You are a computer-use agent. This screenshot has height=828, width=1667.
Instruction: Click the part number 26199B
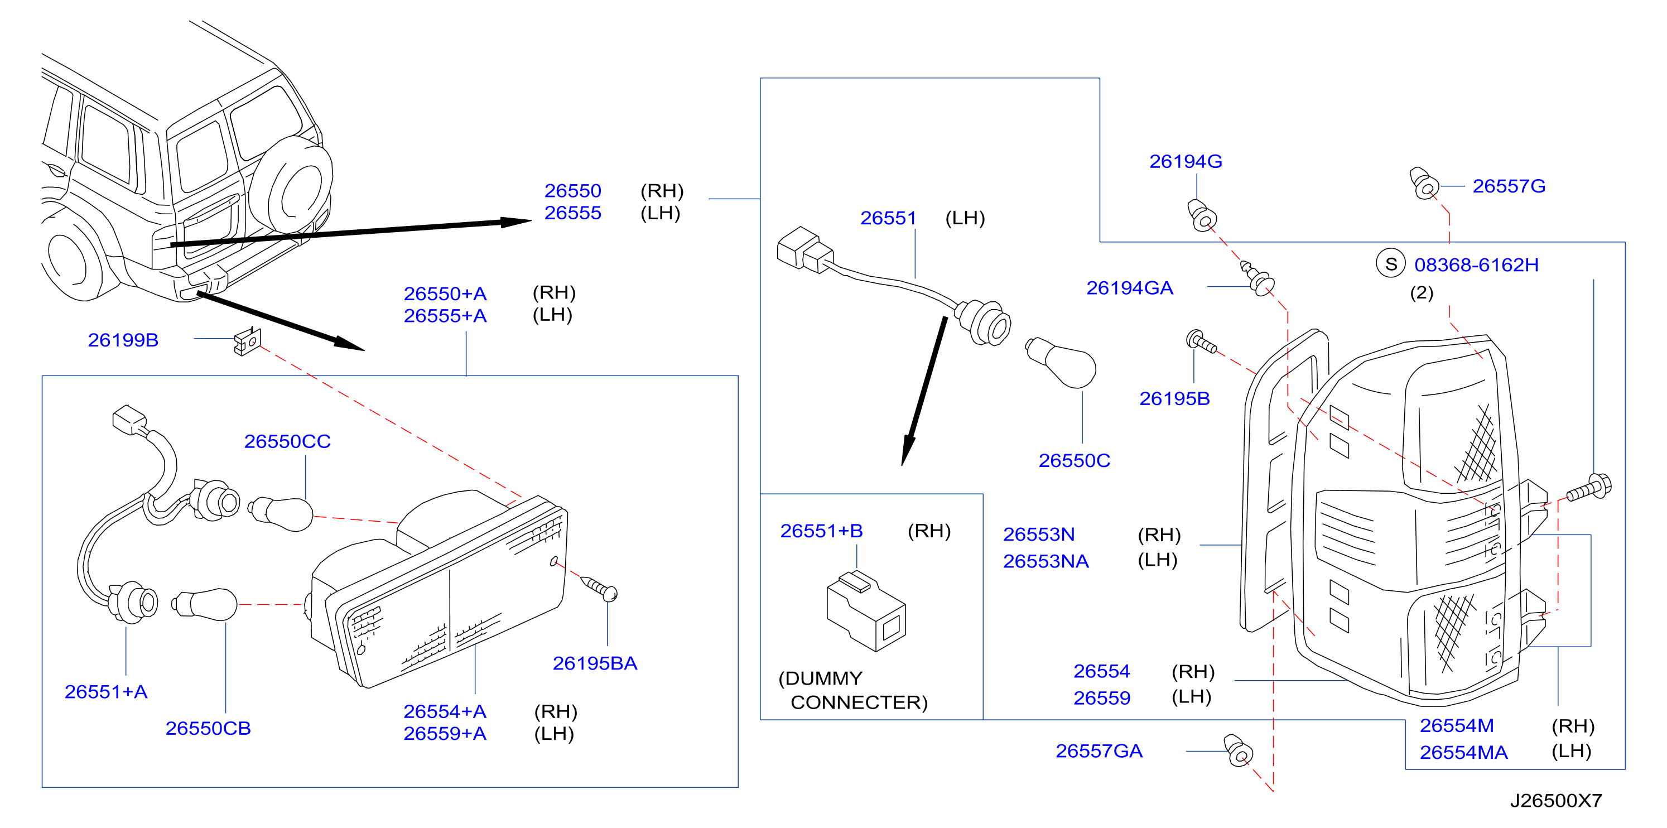pyautogui.click(x=123, y=340)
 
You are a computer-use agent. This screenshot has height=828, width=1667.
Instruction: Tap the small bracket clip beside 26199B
pyautogui.click(x=247, y=341)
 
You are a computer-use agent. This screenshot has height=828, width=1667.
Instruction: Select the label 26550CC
pyautogui.click(x=287, y=441)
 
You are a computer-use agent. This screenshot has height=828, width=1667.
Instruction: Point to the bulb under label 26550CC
pyautogui.click(x=281, y=514)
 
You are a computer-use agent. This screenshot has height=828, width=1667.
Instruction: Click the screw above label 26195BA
pyautogui.click(x=599, y=588)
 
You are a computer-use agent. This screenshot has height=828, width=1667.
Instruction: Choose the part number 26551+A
pyautogui.click(x=106, y=691)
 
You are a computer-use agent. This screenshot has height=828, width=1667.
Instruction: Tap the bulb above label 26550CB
pyautogui.click(x=205, y=604)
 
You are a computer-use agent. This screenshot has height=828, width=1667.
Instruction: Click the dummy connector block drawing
pyautogui.click(x=866, y=610)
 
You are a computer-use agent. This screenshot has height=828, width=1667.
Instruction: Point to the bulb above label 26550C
pyautogui.click(x=1061, y=363)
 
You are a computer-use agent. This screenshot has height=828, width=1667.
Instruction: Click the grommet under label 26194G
pyautogui.click(x=1202, y=215)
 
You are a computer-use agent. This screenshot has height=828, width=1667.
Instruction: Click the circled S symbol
pyautogui.click(x=1391, y=263)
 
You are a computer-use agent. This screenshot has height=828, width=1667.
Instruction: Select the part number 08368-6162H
pyautogui.click(x=1476, y=265)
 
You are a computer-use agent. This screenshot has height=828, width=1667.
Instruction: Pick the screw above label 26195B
pyautogui.click(x=1201, y=341)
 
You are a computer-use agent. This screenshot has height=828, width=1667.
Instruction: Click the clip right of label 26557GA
pyautogui.click(x=1238, y=751)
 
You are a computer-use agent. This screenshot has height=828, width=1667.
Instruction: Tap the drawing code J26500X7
pyautogui.click(x=1555, y=801)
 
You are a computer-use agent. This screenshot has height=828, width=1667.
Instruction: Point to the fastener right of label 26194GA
pyautogui.click(x=1258, y=278)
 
